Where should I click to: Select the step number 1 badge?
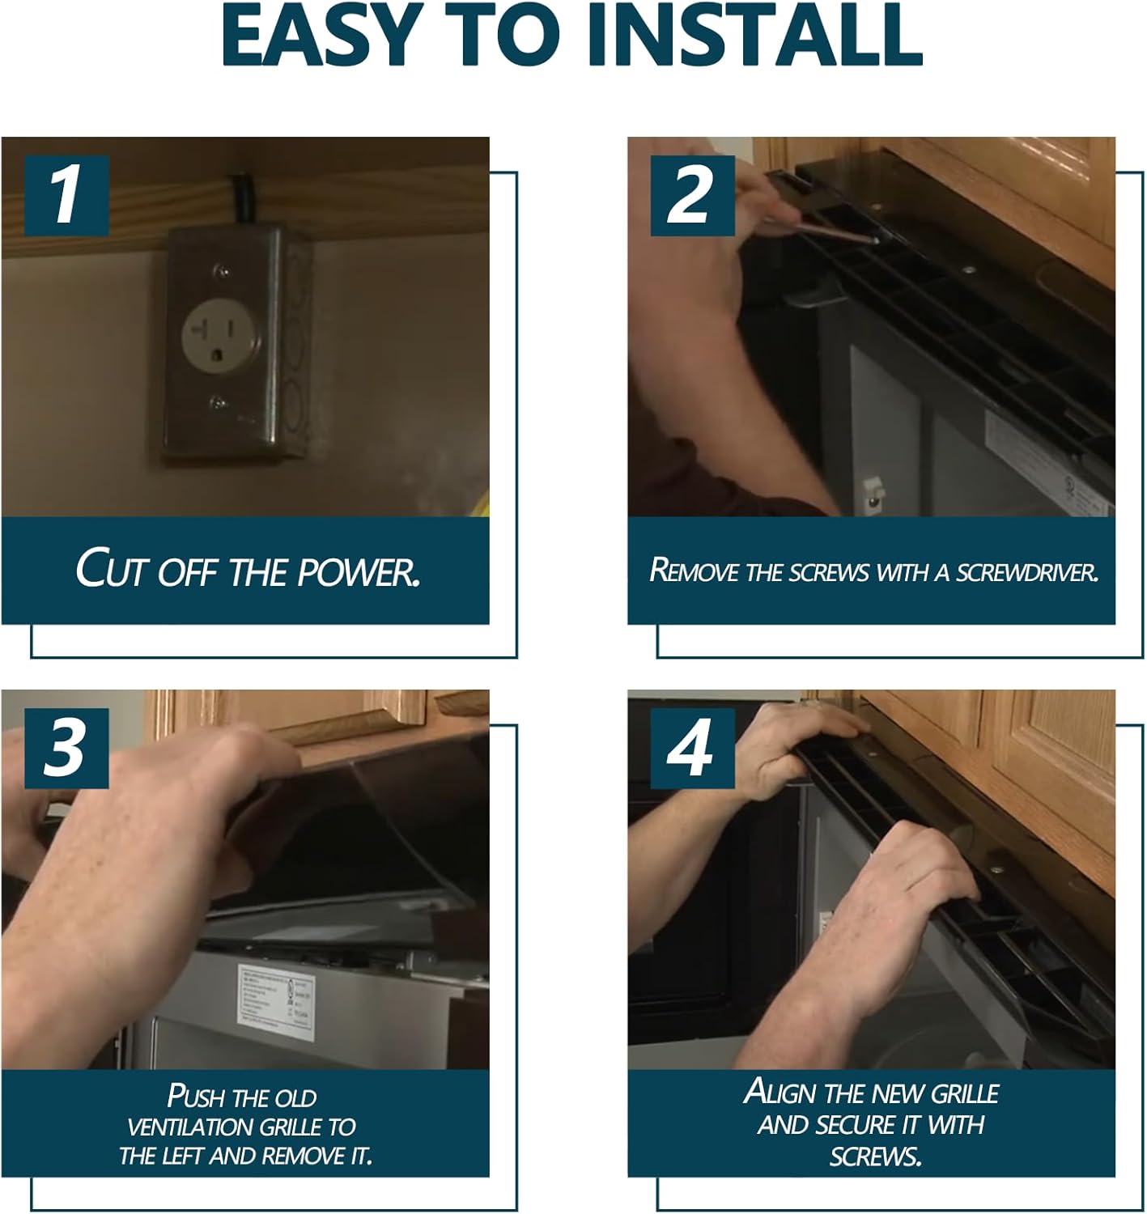click(66, 196)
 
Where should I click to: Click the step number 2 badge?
click(692, 196)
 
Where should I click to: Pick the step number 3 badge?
click(66, 748)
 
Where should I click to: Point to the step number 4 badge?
click(692, 748)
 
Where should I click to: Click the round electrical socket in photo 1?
click(221, 336)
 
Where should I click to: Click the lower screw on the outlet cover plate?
click(217, 402)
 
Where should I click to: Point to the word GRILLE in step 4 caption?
click(964, 1093)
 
